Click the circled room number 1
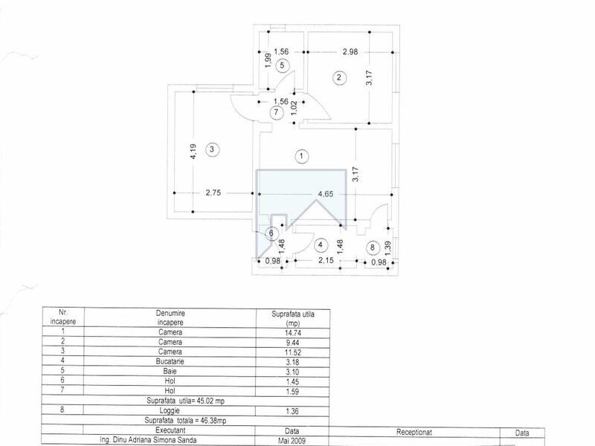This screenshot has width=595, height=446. pyautogui.click(x=302, y=156)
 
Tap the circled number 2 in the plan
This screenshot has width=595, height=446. pyautogui.click(x=339, y=78)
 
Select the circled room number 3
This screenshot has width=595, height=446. pyautogui.click(x=212, y=149)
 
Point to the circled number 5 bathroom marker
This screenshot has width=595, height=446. pyautogui.click(x=282, y=65)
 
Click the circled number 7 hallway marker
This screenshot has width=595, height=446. pyautogui.click(x=276, y=113)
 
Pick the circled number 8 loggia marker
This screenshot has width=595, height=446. pyautogui.click(x=373, y=248)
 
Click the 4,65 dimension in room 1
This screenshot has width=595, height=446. pyautogui.click(x=326, y=194)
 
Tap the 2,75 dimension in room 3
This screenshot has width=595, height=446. pyautogui.click(x=213, y=193)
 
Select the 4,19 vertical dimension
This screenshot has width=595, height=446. pyautogui.click(x=193, y=152)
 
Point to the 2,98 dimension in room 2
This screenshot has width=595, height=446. pyautogui.click(x=350, y=51)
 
